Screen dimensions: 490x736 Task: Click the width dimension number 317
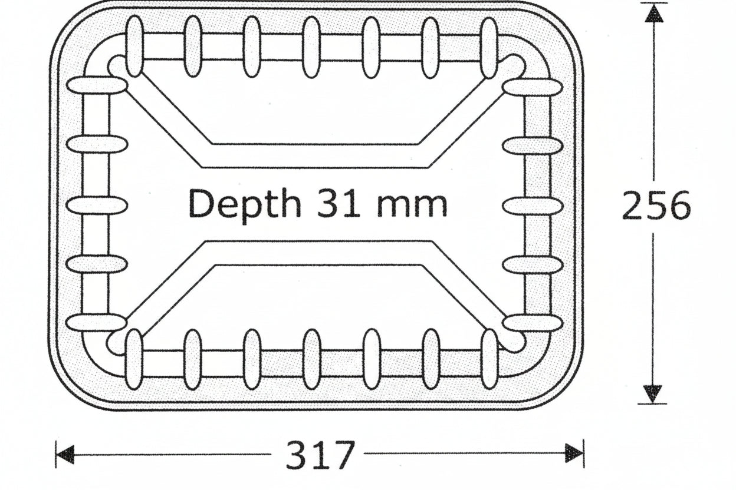(321, 455)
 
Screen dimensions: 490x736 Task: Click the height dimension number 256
(656, 206)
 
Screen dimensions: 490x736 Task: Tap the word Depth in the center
(244, 204)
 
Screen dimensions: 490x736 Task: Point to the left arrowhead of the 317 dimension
(64, 454)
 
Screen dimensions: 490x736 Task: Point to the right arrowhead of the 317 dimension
(574, 454)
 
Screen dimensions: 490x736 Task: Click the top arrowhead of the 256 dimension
(653, 13)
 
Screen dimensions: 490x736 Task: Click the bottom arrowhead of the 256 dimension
(653, 393)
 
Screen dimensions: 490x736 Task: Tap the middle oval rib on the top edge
(311, 47)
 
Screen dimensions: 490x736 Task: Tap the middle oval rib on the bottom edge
(311, 359)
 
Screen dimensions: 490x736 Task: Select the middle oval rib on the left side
(97, 205)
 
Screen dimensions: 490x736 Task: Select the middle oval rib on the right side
(533, 206)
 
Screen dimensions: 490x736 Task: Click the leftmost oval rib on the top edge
(134, 47)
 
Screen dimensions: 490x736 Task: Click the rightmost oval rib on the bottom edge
(489, 359)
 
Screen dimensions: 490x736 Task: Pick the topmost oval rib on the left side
(97, 85)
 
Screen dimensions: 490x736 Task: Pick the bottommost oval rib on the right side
(533, 323)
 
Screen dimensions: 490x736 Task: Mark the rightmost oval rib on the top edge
(489, 48)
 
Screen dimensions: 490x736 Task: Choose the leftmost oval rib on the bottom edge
(134, 359)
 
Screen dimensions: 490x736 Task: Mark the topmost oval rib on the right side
(533, 87)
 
